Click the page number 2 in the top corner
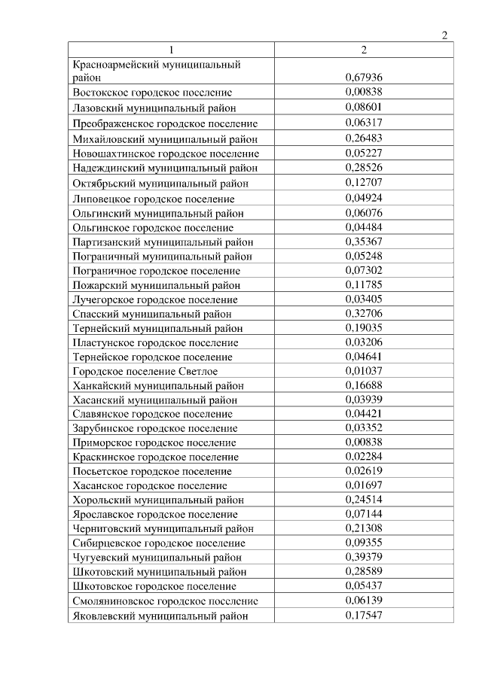point(444,35)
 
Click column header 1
point(171,50)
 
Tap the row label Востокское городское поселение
point(152,92)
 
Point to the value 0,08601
point(364,107)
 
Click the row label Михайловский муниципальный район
point(165,138)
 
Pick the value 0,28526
point(364,167)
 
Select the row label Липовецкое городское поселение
point(154,199)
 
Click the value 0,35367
point(364,242)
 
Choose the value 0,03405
point(364,299)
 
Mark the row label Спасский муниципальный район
point(152,314)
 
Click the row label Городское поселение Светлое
point(145,371)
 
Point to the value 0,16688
point(364,385)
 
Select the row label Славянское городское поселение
point(153,414)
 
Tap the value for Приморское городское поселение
point(364,442)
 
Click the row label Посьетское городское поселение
point(152,471)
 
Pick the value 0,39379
point(364,557)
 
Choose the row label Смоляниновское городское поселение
point(166,600)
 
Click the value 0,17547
point(364,615)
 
